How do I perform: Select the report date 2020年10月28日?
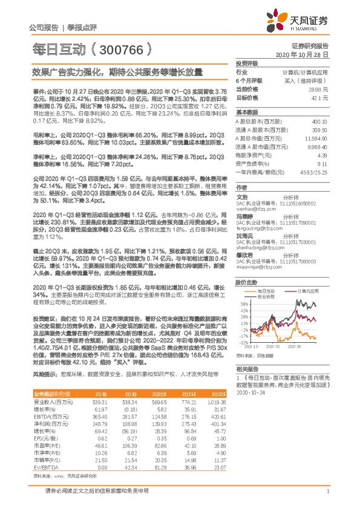click(x=310, y=54)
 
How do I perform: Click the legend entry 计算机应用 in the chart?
click(x=307, y=290)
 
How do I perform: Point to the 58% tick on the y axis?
click(x=244, y=303)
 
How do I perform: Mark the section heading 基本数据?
click(x=247, y=112)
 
